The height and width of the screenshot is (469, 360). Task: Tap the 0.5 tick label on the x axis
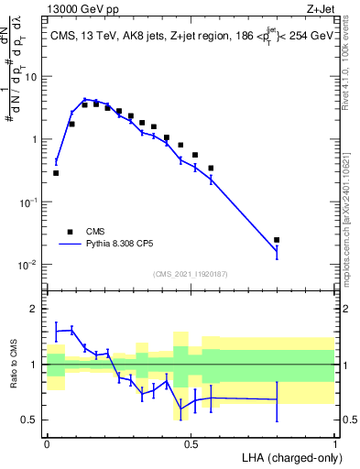point(191,442)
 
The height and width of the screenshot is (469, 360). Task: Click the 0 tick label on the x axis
point(47,442)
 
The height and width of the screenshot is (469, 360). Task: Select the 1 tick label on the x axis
point(334,442)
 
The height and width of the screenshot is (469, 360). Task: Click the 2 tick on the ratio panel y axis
point(36,309)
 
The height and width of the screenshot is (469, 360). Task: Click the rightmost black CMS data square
point(277,240)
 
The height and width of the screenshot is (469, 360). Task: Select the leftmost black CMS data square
point(56,172)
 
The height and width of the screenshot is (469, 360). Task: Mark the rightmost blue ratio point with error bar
point(277,399)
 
